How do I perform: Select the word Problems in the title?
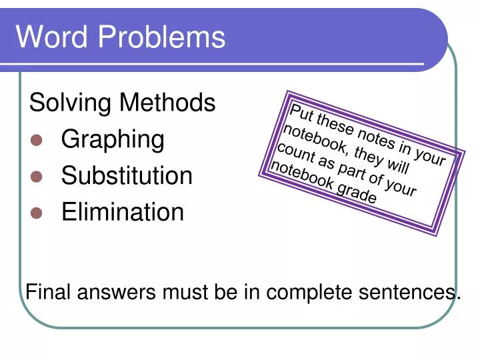click(x=161, y=38)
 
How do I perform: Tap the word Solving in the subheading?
click(x=70, y=104)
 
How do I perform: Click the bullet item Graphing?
click(x=113, y=141)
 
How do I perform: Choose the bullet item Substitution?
click(x=127, y=176)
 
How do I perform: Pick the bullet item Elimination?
click(x=123, y=212)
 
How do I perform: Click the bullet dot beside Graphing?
click(x=37, y=141)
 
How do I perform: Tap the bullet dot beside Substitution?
click(x=37, y=177)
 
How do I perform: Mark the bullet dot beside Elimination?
click(x=37, y=213)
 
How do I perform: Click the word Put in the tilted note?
click(x=302, y=113)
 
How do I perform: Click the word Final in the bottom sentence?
click(x=48, y=292)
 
